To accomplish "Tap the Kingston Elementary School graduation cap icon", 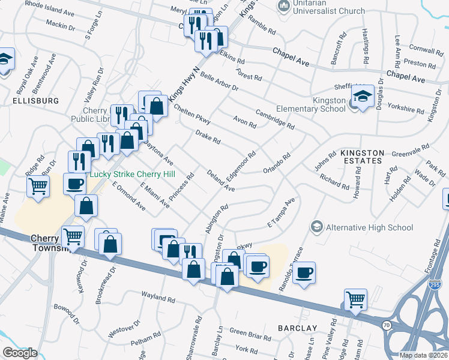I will click(363, 95).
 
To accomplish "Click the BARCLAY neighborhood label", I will click(297, 328).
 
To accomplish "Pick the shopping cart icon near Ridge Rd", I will click(38, 187).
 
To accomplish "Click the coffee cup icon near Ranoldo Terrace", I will click(305, 272).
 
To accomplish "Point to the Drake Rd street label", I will click(208, 137).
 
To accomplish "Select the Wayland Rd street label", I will click(158, 296).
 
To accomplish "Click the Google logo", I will click(20, 353).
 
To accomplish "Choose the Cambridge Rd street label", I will click(274, 118).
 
